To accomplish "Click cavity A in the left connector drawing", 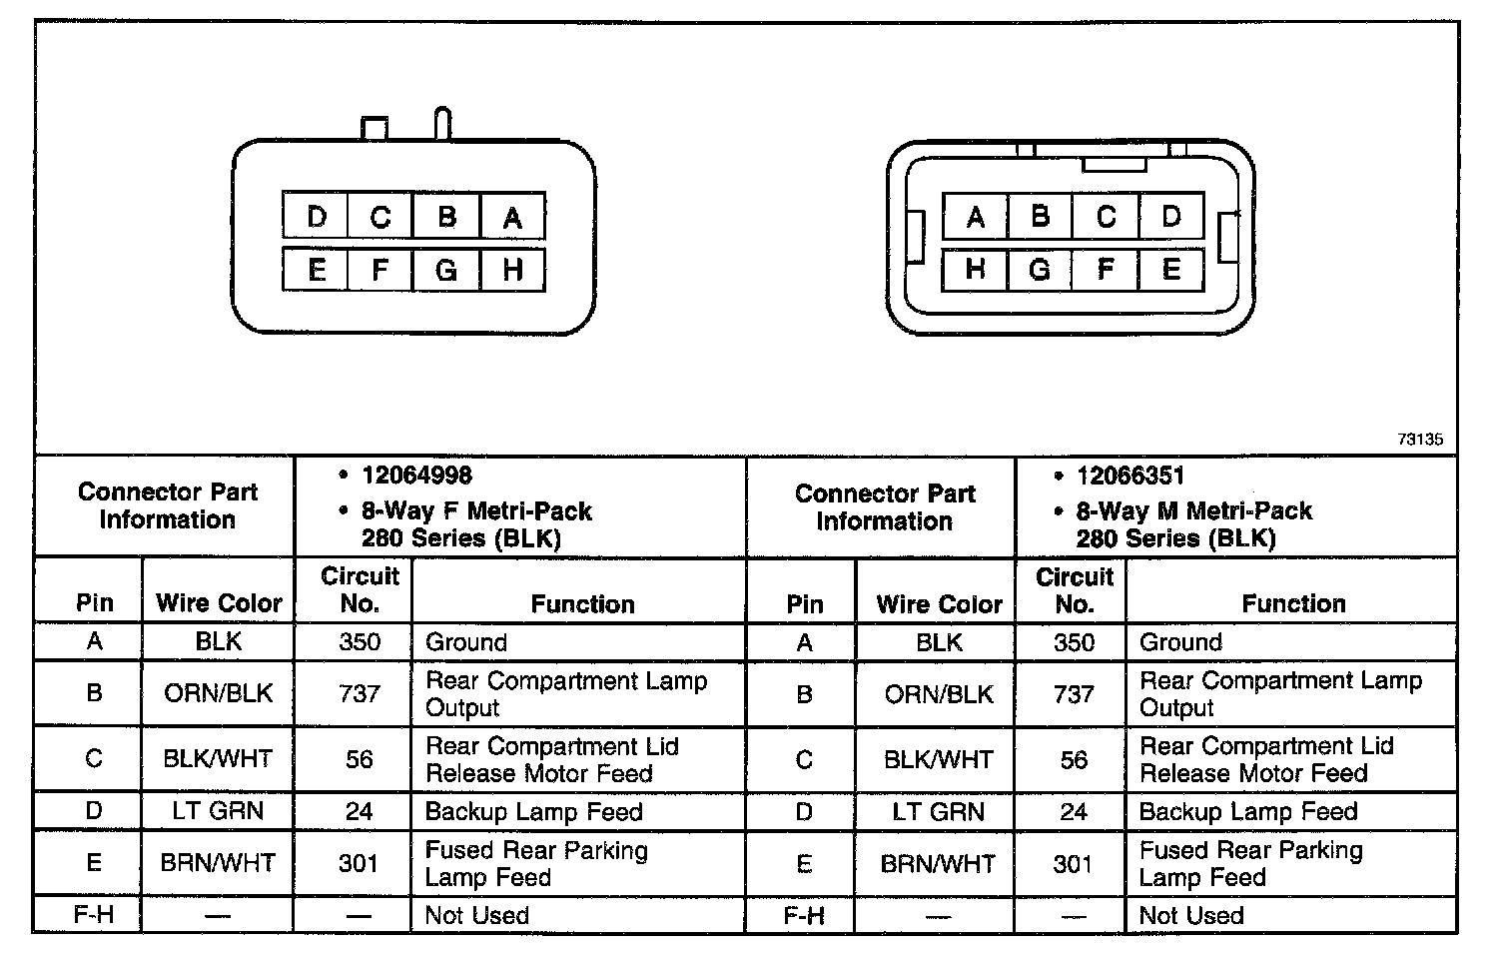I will click(x=512, y=217).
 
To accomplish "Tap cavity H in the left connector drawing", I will click(x=512, y=270).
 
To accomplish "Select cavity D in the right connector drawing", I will click(x=1171, y=216).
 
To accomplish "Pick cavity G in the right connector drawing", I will click(x=1040, y=270).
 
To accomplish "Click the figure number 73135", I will click(x=1420, y=440).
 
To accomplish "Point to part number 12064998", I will click(x=416, y=476).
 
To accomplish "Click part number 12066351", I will click(x=1130, y=476).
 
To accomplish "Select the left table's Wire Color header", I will click(x=219, y=603).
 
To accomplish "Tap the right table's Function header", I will click(x=1293, y=603).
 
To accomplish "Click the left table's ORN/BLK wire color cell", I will click(x=219, y=693).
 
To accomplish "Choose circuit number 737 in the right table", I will click(x=1074, y=693).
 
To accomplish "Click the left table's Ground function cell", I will click(x=466, y=642).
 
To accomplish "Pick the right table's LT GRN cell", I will click(x=939, y=812).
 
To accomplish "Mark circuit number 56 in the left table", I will click(x=360, y=759).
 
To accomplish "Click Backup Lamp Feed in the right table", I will click(x=1248, y=812).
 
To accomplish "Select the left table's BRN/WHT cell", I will click(x=219, y=863).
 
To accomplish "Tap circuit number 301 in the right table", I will click(x=1074, y=863).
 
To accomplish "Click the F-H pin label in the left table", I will click(x=94, y=915).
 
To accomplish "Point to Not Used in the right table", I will click(x=1191, y=915).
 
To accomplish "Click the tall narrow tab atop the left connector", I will click(x=443, y=123).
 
